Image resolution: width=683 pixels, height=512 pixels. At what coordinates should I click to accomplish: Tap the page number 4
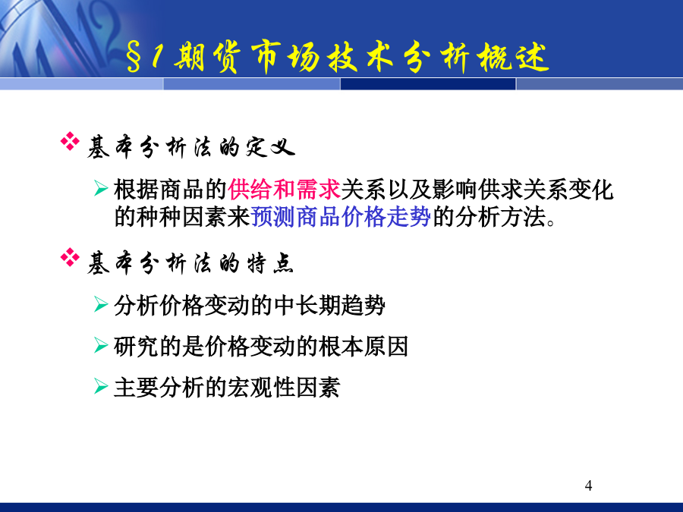588,485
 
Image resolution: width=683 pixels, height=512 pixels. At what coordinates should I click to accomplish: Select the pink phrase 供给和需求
284,190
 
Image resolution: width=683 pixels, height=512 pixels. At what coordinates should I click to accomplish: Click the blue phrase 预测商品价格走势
341,216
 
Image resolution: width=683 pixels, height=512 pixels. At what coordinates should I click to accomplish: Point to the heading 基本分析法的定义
190,147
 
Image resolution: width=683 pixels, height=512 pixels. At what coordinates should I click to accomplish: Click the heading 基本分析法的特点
190,263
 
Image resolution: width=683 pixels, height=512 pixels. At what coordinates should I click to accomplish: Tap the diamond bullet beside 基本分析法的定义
70,142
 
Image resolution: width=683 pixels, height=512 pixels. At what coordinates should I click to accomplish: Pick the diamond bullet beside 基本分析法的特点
70,257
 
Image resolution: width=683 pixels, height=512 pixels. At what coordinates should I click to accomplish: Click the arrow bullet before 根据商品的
101,189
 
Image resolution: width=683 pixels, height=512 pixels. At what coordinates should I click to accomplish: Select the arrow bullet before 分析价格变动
101,304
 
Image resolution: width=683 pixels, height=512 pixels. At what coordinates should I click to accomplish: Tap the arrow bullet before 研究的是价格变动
101,346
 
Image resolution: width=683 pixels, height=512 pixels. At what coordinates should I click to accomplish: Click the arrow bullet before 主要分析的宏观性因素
101,386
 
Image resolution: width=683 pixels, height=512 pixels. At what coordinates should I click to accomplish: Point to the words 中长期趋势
329,305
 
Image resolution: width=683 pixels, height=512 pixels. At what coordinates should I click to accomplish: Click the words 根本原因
364,347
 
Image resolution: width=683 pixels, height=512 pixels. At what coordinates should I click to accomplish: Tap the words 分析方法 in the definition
501,216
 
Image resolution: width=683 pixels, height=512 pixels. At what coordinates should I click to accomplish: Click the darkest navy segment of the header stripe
428,84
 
